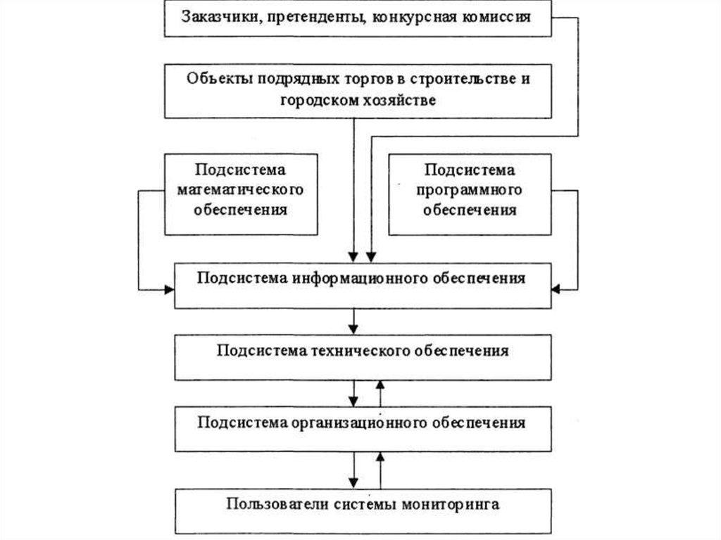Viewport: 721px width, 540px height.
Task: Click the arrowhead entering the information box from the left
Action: pos(169,289)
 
